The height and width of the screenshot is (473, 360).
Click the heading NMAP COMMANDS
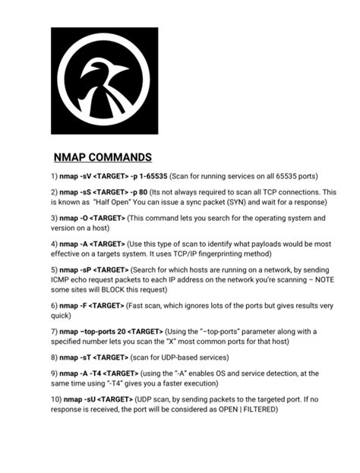click(103, 158)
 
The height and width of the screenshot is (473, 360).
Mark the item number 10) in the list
click(55, 399)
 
